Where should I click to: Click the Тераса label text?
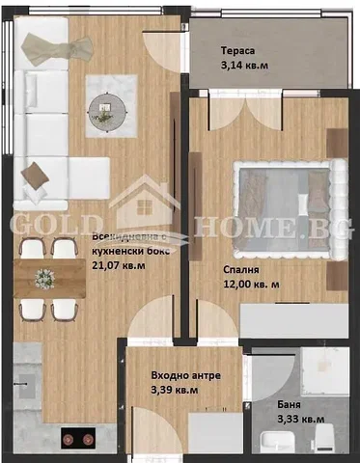pyautogui.click(x=237, y=51)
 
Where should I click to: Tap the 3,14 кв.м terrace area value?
pyautogui.click(x=244, y=66)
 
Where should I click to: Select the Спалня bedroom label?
pyautogui.click(x=241, y=270)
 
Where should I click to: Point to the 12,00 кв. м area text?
pyautogui.click(x=251, y=285)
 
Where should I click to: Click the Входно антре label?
pyautogui.click(x=186, y=375)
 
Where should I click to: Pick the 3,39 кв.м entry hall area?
pyautogui.click(x=175, y=390)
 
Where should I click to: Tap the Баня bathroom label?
pyautogui.click(x=289, y=404)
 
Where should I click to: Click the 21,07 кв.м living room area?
pyautogui.click(x=119, y=266)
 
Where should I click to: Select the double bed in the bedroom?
pyautogui.click(x=291, y=209)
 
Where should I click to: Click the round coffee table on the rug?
pyautogui.click(x=107, y=111)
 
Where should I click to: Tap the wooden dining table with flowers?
pyautogui.click(x=49, y=279)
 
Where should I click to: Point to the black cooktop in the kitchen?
pyautogui.click(x=78, y=438)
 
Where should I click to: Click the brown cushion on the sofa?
pyautogui.click(x=35, y=177)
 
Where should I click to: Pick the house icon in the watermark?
pyautogui.click(x=145, y=203)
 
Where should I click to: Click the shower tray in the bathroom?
pyautogui.click(x=325, y=371)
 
